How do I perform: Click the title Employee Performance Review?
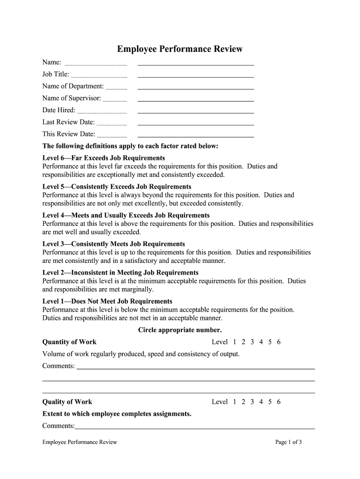(x=180, y=49)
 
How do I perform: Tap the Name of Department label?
(x=73, y=86)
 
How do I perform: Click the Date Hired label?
(x=59, y=110)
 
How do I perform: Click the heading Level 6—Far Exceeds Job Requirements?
(x=103, y=158)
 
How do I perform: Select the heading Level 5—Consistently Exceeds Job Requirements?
(x=116, y=187)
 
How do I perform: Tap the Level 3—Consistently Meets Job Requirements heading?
(x=114, y=244)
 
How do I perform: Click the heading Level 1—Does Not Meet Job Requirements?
(x=107, y=301)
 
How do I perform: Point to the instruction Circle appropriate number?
(x=180, y=330)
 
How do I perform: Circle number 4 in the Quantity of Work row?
(x=261, y=342)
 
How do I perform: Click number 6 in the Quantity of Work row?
(x=279, y=342)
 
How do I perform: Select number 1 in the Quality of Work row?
(x=234, y=402)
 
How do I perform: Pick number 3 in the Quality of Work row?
(x=252, y=402)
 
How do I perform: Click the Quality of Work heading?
(x=67, y=402)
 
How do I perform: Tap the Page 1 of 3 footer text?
(x=289, y=442)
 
